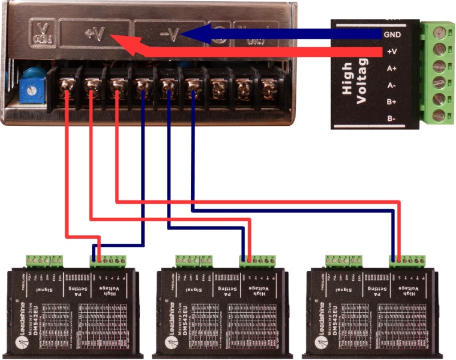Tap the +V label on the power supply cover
coord(93,33)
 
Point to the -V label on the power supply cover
coord(169,34)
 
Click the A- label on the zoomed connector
coord(392,85)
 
